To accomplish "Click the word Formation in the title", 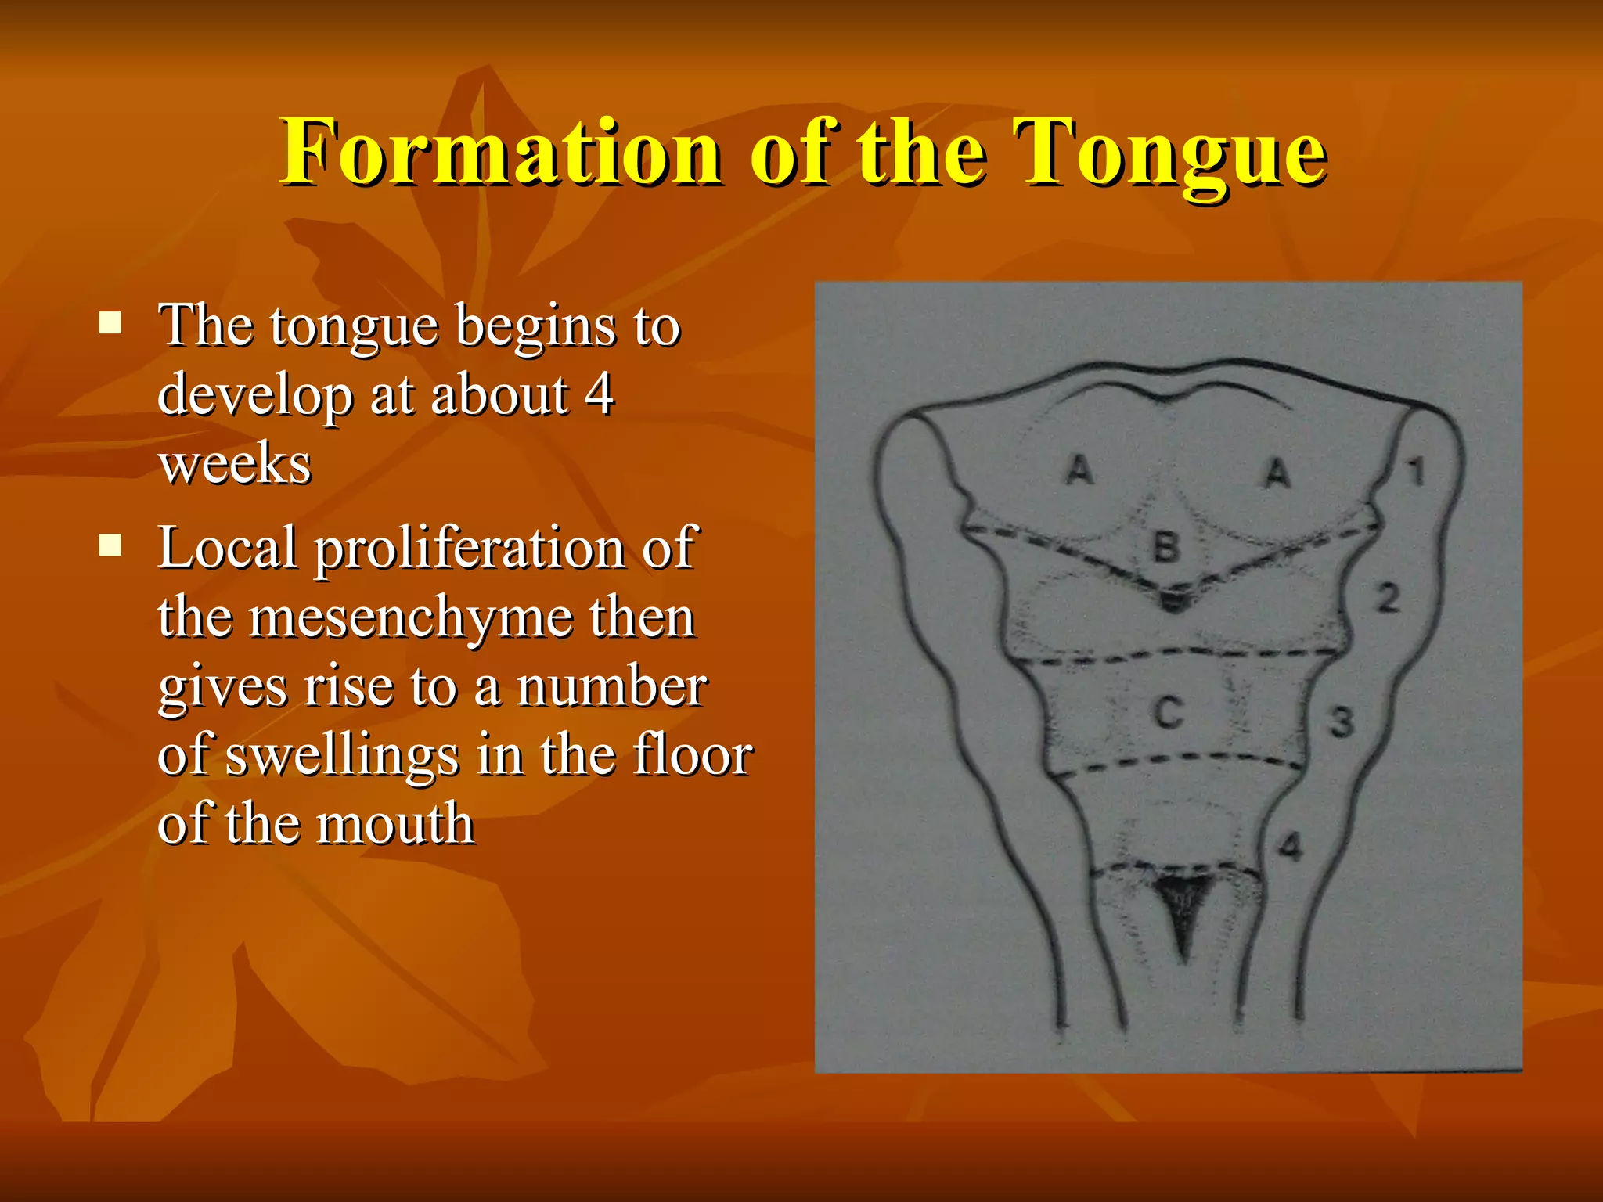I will [x=501, y=153].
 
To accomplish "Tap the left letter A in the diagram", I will [x=1080, y=470].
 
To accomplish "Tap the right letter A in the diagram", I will [x=1277, y=473].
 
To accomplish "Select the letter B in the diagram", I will [x=1166, y=547].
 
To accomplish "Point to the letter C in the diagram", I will [x=1169, y=713].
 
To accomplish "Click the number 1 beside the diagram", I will [x=1415, y=472].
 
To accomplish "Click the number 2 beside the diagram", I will [x=1389, y=599].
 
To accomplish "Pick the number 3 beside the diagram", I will [x=1342, y=722].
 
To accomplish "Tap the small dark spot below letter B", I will [x=1173, y=601].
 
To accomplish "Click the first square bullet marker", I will [x=110, y=322].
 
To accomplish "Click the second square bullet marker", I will [x=110, y=545].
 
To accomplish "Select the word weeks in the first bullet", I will [x=235, y=465].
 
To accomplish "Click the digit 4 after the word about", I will [x=599, y=394].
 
